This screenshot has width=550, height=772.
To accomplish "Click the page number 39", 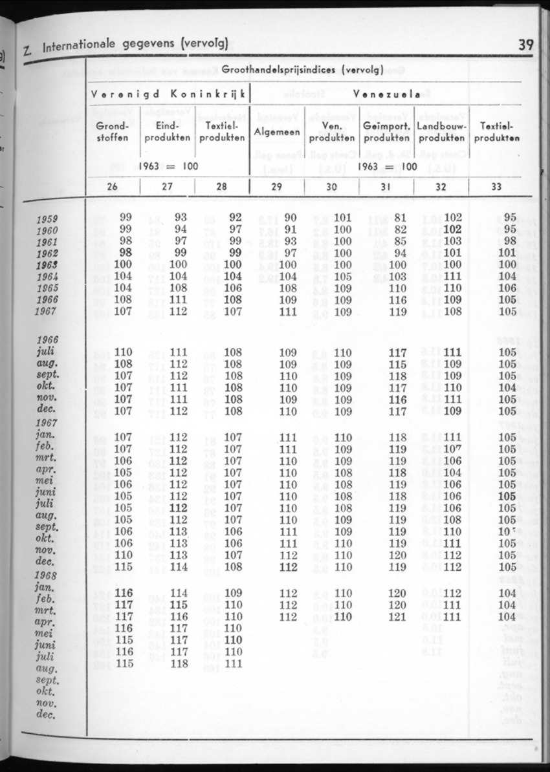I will [x=525, y=45].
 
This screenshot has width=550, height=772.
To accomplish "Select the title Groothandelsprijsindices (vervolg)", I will [x=303, y=69].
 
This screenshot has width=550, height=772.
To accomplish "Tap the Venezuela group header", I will [x=387, y=94].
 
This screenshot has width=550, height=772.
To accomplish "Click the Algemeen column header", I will [x=277, y=131].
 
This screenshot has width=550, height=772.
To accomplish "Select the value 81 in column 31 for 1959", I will [x=400, y=219].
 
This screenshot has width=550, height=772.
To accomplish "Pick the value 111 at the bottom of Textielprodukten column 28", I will [x=233, y=663].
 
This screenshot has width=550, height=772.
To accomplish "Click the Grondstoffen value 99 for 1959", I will [x=126, y=219].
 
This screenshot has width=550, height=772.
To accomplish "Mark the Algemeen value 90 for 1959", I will [x=290, y=219].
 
